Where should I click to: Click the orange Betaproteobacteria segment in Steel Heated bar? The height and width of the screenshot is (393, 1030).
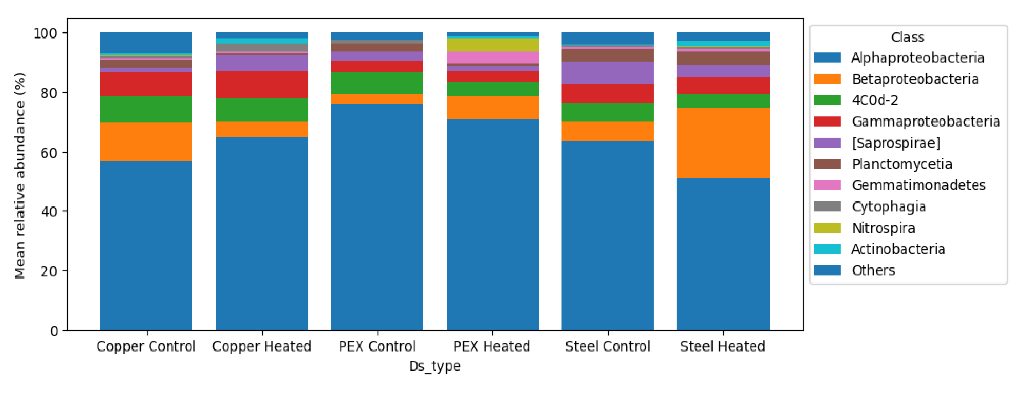click(723, 143)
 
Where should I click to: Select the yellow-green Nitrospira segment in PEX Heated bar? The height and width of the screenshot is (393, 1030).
click(492, 45)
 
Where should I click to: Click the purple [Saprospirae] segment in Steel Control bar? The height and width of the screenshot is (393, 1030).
click(607, 72)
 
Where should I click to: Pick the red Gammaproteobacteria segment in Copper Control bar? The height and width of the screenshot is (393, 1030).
click(146, 84)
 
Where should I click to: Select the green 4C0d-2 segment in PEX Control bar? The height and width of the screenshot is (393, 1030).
click(377, 83)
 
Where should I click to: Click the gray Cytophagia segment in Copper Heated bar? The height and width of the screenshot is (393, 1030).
click(262, 47)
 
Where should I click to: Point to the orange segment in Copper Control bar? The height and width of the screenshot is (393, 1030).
click(146, 141)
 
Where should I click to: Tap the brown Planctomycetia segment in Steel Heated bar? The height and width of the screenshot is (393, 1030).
click(723, 58)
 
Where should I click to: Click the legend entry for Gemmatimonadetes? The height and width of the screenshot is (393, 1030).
click(918, 185)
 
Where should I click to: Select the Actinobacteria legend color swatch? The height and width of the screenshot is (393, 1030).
click(827, 249)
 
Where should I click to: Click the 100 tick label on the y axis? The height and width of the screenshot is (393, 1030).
click(45, 33)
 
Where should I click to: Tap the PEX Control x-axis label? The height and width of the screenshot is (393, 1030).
click(377, 346)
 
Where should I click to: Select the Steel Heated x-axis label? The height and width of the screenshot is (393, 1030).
click(723, 346)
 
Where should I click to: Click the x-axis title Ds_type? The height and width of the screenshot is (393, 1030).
click(435, 366)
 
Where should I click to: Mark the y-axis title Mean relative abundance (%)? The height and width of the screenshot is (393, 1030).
click(20, 175)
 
